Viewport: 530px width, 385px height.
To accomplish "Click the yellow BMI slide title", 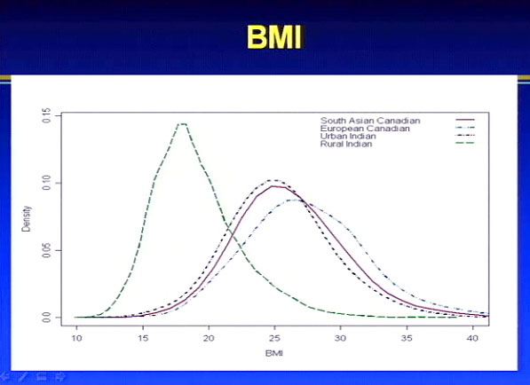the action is pyautogui.click(x=274, y=37).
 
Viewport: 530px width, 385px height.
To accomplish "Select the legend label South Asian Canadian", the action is pyautogui.click(x=370, y=121).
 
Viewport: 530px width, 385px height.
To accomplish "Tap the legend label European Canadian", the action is pyautogui.click(x=365, y=129).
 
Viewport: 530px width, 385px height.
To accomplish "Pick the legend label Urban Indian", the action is pyautogui.click(x=348, y=136).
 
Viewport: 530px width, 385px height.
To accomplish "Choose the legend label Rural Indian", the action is pyautogui.click(x=346, y=144).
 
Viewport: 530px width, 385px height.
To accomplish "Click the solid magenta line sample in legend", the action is pyautogui.click(x=465, y=120).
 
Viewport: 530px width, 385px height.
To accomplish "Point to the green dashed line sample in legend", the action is pyautogui.click(x=465, y=143).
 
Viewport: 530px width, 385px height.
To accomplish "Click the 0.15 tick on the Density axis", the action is pyautogui.click(x=47, y=115).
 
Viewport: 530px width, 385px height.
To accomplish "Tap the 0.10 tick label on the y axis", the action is pyautogui.click(x=47, y=183).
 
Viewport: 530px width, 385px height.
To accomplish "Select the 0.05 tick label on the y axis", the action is pyautogui.click(x=47, y=250).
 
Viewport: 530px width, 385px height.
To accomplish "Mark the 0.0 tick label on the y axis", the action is pyautogui.click(x=47, y=318).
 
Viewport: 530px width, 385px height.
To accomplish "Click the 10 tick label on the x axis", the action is pyautogui.click(x=76, y=338).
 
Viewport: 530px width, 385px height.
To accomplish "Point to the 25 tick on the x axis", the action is pyautogui.click(x=275, y=338).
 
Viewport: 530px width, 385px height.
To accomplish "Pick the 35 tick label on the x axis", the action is pyautogui.click(x=407, y=338).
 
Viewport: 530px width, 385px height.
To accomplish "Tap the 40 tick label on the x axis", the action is pyautogui.click(x=472, y=338).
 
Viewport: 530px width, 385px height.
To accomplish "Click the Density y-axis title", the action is pyautogui.click(x=26, y=218).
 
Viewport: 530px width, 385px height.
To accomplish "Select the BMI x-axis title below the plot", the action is pyautogui.click(x=274, y=354).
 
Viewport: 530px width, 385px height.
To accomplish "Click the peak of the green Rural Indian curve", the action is pyautogui.click(x=183, y=124).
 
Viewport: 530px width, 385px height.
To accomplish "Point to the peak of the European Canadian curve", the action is pyautogui.click(x=295, y=200).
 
